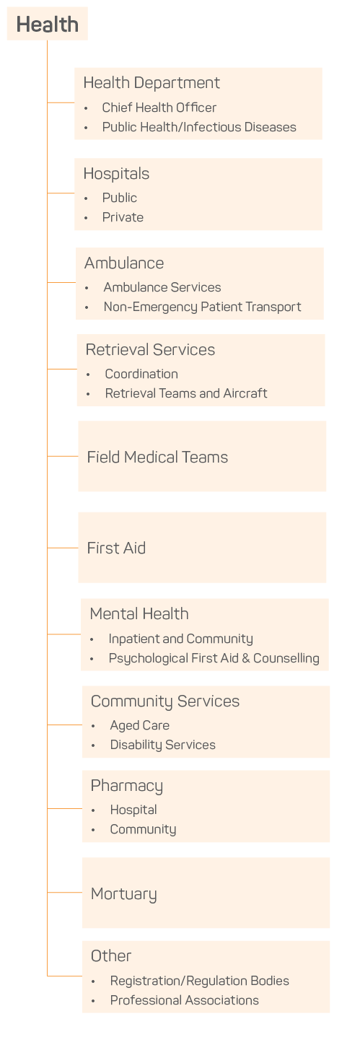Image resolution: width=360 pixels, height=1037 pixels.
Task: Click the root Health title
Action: coord(47,24)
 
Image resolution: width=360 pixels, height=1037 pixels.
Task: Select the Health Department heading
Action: coord(152,83)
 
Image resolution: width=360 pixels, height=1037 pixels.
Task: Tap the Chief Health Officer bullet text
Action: coord(159,108)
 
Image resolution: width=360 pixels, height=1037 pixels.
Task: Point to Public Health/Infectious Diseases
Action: coord(199,127)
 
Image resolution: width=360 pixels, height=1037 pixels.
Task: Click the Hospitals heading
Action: coord(116,174)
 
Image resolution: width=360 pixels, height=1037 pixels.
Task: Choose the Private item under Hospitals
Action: coord(123,217)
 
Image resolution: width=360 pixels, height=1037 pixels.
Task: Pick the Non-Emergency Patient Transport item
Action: coord(202,307)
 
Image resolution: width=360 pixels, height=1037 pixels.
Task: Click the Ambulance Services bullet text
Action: coord(162,287)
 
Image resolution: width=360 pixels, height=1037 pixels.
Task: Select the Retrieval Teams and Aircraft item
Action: coord(186,393)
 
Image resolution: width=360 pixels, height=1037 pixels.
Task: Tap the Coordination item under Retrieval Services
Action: coord(141,374)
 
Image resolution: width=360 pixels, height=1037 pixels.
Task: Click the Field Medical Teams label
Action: coord(157,457)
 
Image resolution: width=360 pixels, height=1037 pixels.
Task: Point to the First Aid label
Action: coord(116,548)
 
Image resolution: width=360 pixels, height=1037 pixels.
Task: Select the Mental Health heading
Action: coord(139,614)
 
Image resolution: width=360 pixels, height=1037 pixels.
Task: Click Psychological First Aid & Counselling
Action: coord(214,658)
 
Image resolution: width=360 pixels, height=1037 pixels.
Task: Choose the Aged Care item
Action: coord(139,725)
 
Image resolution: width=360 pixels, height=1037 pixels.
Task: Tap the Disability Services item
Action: coord(162,745)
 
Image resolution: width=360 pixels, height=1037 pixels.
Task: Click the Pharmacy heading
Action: coord(127,786)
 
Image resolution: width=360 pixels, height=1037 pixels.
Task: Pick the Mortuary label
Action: coord(123,894)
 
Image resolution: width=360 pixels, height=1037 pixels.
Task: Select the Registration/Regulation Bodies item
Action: coord(199,981)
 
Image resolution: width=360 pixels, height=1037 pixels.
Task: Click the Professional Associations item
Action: coord(184,1000)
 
